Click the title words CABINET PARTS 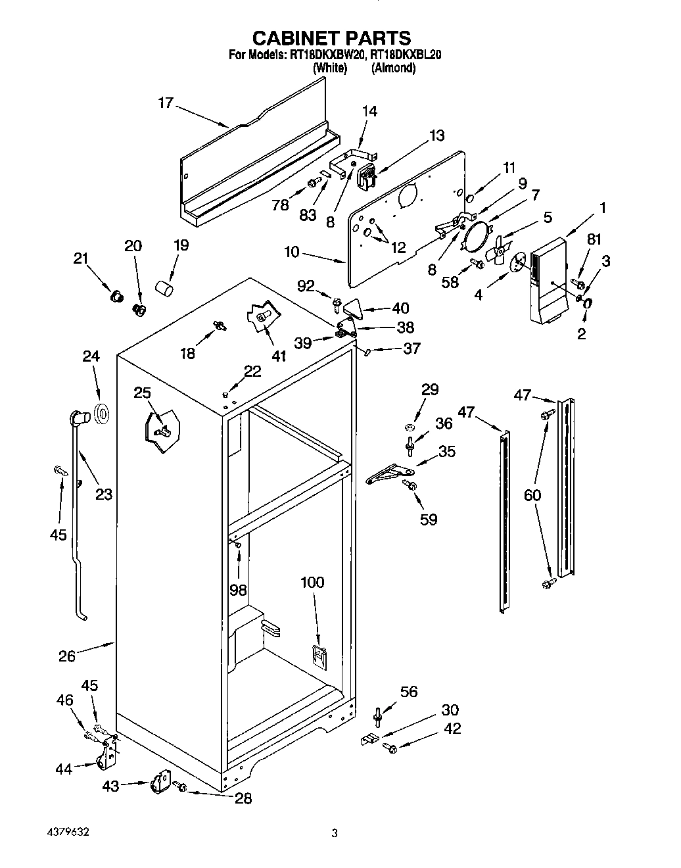click(x=332, y=37)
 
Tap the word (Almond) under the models click(x=393, y=68)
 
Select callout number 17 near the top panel click(x=166, y=103)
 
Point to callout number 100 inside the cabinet click(x=312, y=582)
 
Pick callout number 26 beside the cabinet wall click(x=67, y=656)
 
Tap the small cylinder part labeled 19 click(x=164, y=288)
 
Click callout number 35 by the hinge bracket click(x=446, y=452)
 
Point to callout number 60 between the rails click(x=532, y=494)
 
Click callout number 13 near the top click(x=436, y=135)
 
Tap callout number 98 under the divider click(x=238, y=590)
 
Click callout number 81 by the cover click(x=594, y=240)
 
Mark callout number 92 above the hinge click(x=306, y=286)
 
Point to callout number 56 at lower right click(x=409, y=691)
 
